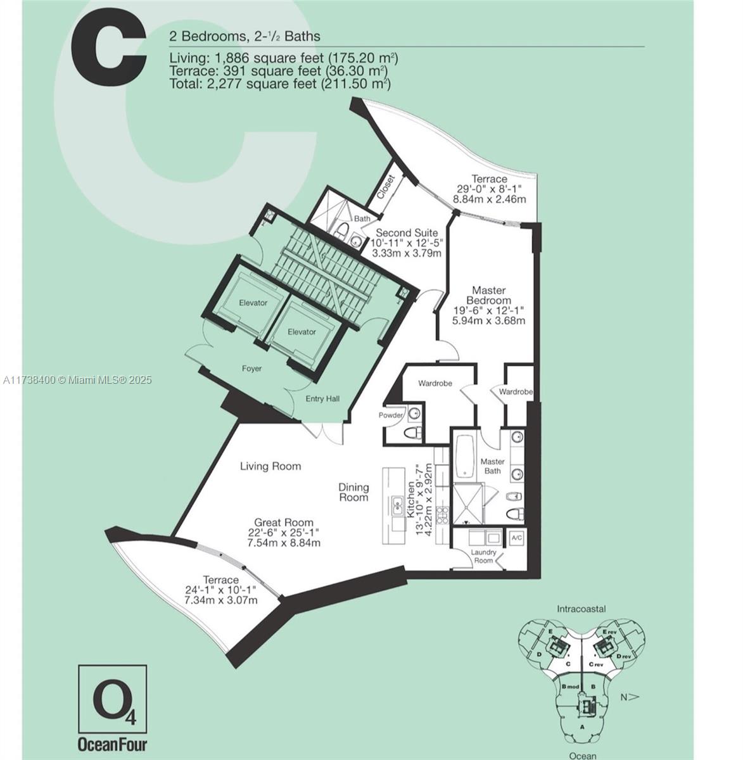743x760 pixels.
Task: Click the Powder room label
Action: click(x=390, y=415)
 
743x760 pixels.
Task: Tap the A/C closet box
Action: click(x=516, y=538)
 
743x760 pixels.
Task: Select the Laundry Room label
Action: click(x=483, y=557)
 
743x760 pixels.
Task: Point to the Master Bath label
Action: click(x=492, y=466)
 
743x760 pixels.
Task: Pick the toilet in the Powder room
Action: click(x=413, y=433)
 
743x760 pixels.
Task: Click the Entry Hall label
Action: click(x=322, y=399)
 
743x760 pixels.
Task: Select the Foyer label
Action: click(x=251, y=369)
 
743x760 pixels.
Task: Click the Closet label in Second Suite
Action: click(x=386, y=187)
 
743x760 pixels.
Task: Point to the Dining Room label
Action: click(x=353, y=492)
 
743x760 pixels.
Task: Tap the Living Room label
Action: click(x=270, y=466)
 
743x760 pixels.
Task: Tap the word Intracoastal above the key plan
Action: click(x=581, y=609)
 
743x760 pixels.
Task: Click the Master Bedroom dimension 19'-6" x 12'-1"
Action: click(x=488, y=310)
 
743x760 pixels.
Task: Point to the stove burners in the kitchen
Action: click(x=442, y=515)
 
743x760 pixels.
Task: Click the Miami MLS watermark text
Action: click(x=77, y=379)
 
